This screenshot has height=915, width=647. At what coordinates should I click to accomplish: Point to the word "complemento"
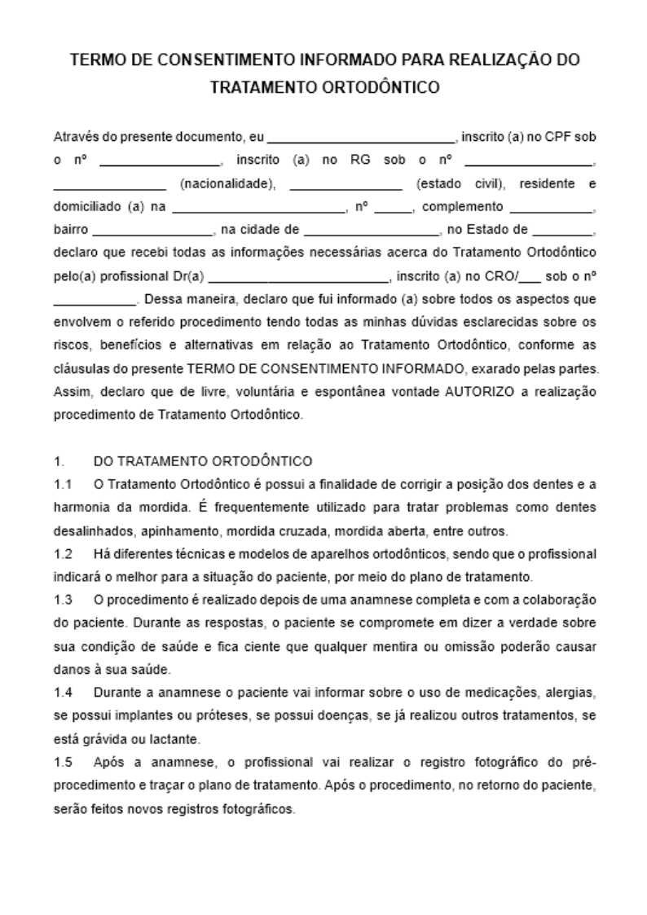[x=463, y=207]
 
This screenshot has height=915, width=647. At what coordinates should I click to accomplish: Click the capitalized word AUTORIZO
[x=480, y=391]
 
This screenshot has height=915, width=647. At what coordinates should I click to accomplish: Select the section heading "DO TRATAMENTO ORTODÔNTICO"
[x=203, y=462]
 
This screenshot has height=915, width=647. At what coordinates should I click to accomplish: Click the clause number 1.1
[x=64, y=485]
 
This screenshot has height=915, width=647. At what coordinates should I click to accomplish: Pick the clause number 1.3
[x=64, y=600]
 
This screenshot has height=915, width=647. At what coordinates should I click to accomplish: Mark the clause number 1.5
[x=64, y=763]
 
